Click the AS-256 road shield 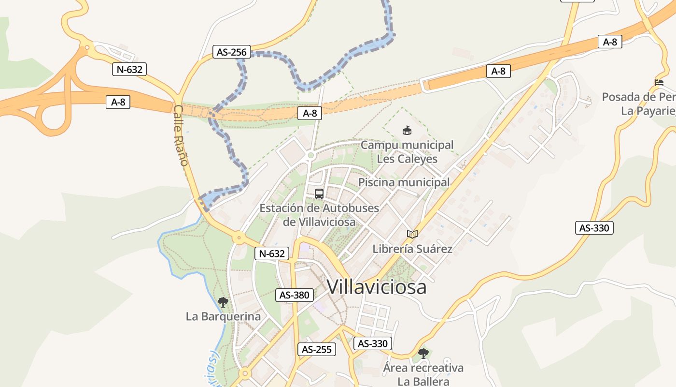(x=232, y=52)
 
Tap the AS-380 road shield (x=295, y=295)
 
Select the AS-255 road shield (x=316, y=349)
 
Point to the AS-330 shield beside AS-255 (x=373, y=343)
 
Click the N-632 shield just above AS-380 (x=272, y=253)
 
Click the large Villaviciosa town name (x=377, y=287)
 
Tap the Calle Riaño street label (x=181, y=135)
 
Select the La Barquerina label (x=223, y=317)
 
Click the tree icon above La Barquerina (x=223, y=303)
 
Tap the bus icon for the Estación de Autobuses (x=319, y=194)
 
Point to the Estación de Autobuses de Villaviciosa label (x=319, y=215)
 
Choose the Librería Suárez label (x=412, y=249)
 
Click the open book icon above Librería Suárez (x=412, y=235)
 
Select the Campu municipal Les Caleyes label (x=407, y=151)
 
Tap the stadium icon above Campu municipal (x=407, y=130)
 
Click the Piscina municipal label (x=404, y=182)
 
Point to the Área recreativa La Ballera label (x=423, y=374)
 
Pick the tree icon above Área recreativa (x=423, y=354)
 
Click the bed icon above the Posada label (x=659, y=83)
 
